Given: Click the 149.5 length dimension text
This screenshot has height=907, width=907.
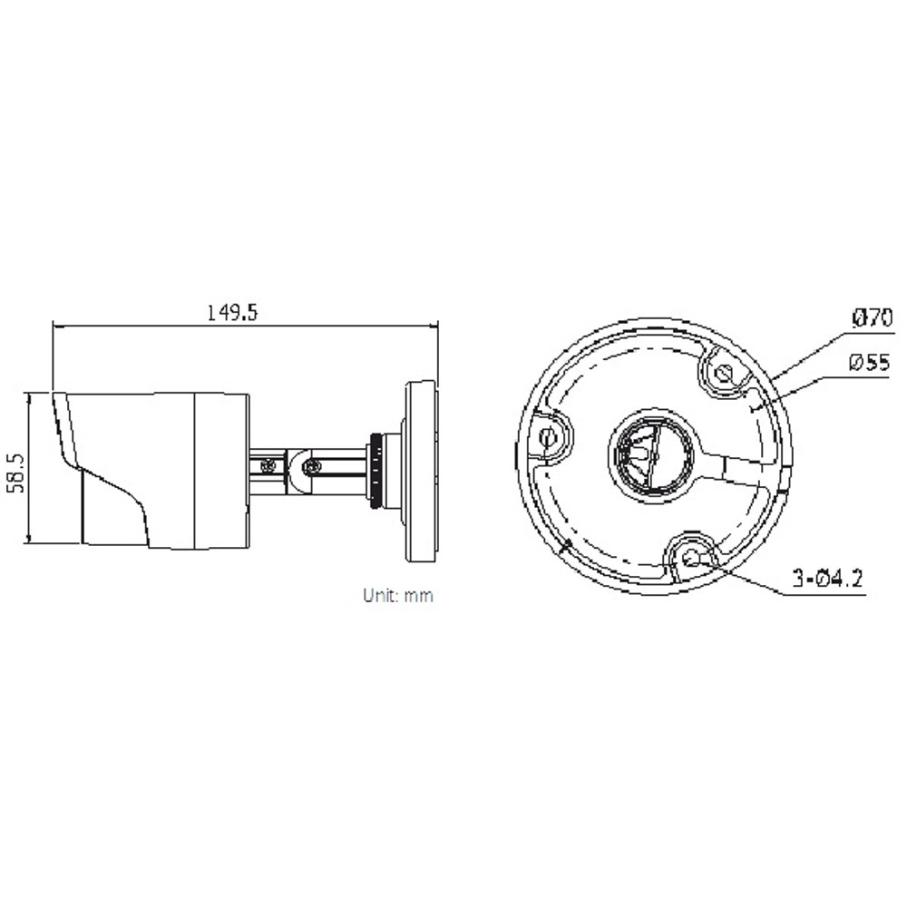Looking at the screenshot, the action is pyautogui.click(x=232, y=313).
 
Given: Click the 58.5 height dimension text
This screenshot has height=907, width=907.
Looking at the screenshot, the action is pyautogui.click(x=17, y=473).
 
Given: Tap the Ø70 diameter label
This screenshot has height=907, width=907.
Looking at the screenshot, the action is pyautogui.click(x=873, y=317).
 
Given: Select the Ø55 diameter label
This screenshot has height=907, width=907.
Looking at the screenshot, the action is pyautogui.click(x=870, y=363).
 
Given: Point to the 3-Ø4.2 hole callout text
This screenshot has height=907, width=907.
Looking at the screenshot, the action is pyautogui.click(x=827, y=578).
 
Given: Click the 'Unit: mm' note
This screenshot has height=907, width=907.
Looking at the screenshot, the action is pyautogui.click(x=398, y=595).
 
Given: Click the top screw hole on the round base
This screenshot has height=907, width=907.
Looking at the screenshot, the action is pyautogui.click(x=723, y=373).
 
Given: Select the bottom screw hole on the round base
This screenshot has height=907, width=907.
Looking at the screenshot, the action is pyautogui.click(x=692, y=558).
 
